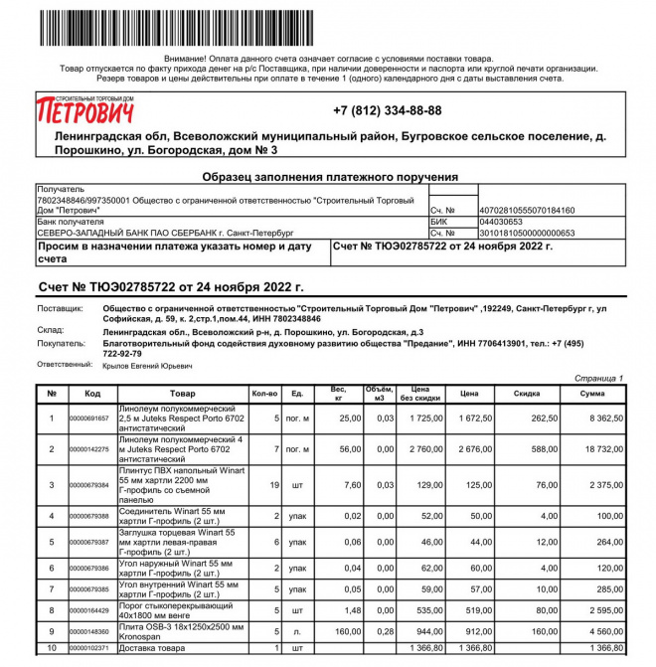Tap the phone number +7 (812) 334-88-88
[x=387, y=110]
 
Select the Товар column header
[x=182, y=394]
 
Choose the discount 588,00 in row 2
[x=545, y=449]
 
